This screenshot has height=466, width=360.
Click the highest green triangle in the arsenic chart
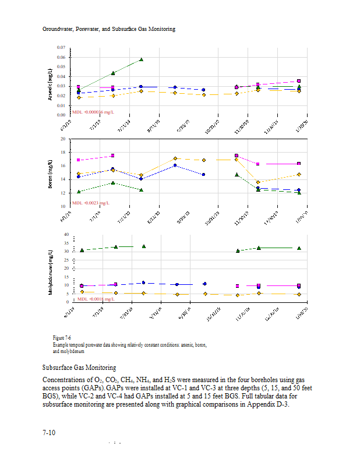[142, 59]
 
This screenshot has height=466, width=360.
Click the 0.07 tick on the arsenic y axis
[61, 47]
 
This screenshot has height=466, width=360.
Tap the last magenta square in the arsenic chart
[299, 81]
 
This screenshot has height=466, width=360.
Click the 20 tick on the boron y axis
[62, 139]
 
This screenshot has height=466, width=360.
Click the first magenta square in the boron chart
[79, 160]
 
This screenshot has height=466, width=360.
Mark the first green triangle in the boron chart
[79, 192]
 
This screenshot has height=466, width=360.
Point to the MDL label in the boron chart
[91, 203]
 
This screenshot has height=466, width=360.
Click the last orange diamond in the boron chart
[299, 174]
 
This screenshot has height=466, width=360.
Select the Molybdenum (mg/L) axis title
[51, 271]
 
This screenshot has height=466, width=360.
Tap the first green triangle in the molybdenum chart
[82, 250]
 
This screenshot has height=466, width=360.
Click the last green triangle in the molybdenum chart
[299, 248]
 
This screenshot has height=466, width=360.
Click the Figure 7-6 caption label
[62, 338]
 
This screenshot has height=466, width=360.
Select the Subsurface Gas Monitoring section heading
[79, 368]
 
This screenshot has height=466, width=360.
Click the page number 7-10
[49, 433]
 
